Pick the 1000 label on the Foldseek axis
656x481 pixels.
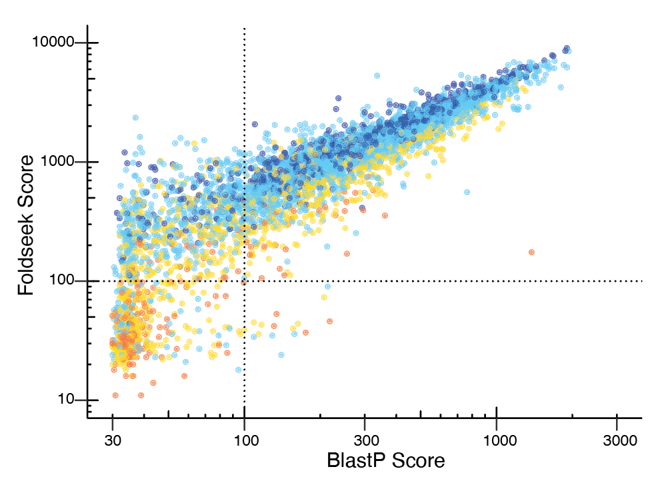[x=59, y=162]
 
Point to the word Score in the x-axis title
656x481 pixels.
[x=420, y=460]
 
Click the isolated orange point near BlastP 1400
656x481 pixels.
[x=531, y=252]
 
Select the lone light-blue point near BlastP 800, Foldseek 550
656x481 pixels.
[x=467, y=192]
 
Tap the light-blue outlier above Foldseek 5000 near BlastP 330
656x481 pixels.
[x=377, y=76]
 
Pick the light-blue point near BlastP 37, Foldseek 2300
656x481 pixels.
[x=135, y=117]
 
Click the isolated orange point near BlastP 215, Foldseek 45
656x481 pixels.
[x=329, y=321]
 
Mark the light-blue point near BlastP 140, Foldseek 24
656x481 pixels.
[x=281, y=354]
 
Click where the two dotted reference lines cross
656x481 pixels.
[x=245, y=281]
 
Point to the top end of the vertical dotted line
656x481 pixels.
[x=245, y=29]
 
